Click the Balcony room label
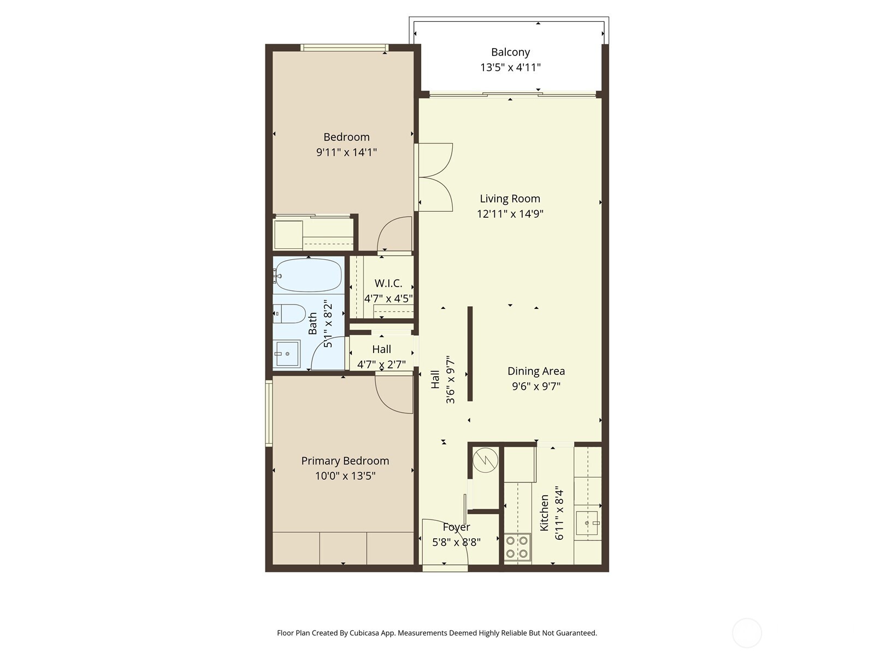click(x=510, y=52)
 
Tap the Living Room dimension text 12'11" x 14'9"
click(x=510, y=213)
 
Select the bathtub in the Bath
click(x=309, y=275)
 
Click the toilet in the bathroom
click(x=290, y=314)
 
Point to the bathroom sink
click(x=287, y=354)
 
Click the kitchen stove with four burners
click(x=517, y=547)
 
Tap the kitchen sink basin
click(x=587, y=523)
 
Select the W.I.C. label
click(x=388, y=283)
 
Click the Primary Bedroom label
click(x=345, y=461)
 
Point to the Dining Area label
click(x=536, y=371)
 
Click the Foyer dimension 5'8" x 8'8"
click(x=456, y=542)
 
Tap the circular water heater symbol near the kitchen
click(x=486, y=460)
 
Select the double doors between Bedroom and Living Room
click(x=434, y=177)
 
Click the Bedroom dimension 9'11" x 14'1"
click(x=346, y=152)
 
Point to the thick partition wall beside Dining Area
click(x=470, y=354)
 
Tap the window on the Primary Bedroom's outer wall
click(x=269, y=413)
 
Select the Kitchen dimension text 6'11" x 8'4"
click(x=559, y=513)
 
